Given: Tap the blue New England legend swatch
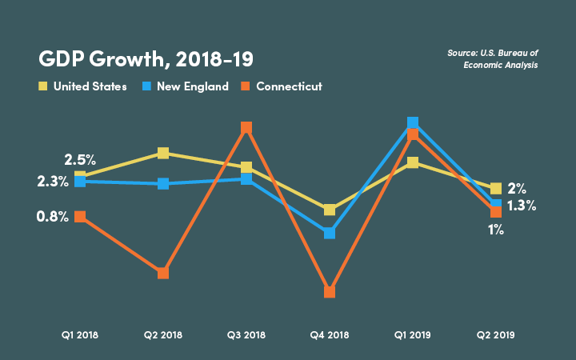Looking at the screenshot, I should click(x=146, y=86).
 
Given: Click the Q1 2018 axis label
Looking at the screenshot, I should click(x=80, y=334).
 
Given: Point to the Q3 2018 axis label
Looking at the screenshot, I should click(x=246, y=334).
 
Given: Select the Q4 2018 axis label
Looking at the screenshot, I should click(x=330, y=334).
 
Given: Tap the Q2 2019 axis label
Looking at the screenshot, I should click(x=496, y=334).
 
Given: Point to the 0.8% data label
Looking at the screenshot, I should click(x=53, y=217).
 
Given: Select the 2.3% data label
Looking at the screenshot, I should click(x=53, y=182).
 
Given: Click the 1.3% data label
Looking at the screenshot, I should click(x=521, y=206).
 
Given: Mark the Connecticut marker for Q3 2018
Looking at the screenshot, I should click(x=246, y=128).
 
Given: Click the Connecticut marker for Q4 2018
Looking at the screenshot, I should click(x=330, y=292).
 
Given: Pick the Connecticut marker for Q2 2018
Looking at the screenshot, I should click(x=163, y=273).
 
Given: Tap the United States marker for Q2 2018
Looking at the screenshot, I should click(x=163, y=153).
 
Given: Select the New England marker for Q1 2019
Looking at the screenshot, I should click(x=413, y=122).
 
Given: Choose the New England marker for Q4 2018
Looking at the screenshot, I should click(x=330, y=233).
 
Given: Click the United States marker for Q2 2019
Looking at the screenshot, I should click(x=496, y=188).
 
